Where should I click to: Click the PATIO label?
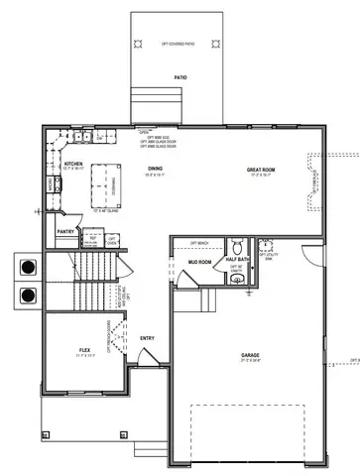tap(180, 76)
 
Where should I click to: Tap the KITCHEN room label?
tap(72, 164)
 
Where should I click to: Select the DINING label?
tap(155, 169)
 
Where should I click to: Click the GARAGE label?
tap(250, 355)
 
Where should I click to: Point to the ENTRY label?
tap(147, 338)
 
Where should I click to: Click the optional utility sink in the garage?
tap(266, 248)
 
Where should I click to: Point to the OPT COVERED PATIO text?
tap(180, 45)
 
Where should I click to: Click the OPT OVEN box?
tap(113, 240)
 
